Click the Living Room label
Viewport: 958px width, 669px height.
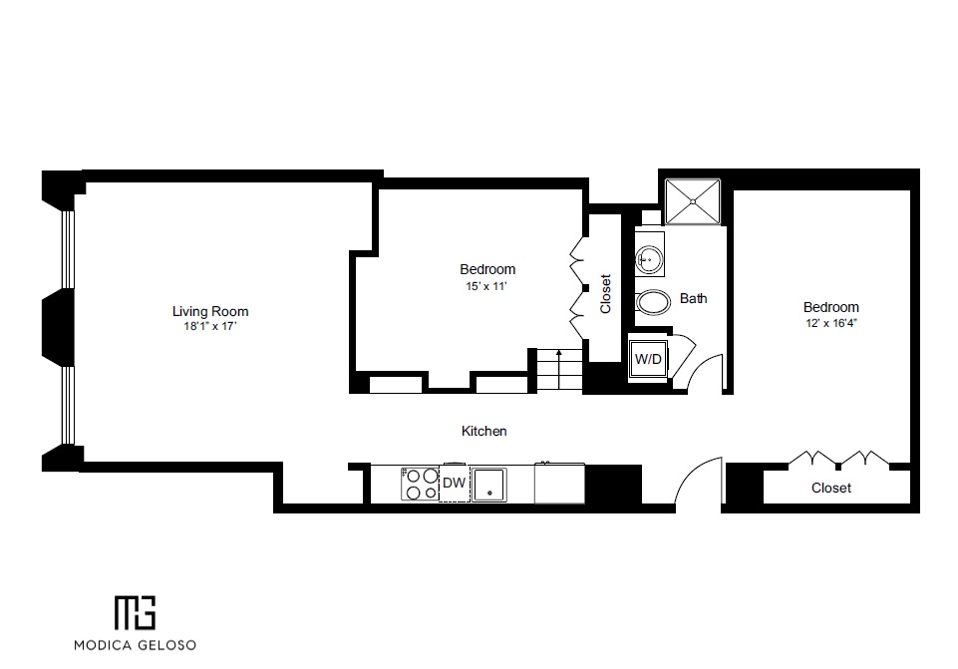coord(209,311)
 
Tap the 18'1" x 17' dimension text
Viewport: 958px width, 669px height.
coord(209,326)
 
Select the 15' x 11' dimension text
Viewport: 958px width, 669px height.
coord(487,287)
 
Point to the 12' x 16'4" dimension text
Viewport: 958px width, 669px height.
coord(830,323)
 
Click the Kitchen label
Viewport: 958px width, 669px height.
coord(483,432)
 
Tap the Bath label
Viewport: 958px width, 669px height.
coord(693,298)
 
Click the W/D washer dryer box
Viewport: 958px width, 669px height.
coord(648,359)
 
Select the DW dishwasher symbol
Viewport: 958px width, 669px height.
coord(454,484)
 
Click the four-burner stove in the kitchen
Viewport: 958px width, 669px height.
coord(419,484)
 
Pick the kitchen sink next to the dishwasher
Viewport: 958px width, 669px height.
coord(489,485)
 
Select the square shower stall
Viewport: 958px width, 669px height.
coord(692,201)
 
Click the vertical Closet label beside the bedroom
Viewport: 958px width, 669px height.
coord(605,294)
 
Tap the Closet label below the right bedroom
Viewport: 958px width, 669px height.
coord(830,489)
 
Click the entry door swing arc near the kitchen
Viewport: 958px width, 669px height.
coord(698,481)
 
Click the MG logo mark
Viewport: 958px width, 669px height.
coord(135,611)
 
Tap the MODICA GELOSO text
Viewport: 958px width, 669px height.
coord(135,644)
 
